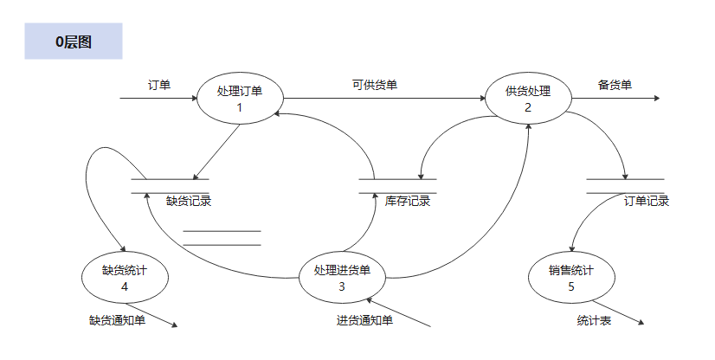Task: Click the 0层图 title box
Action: [x=74, y=42]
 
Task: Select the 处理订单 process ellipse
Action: [x=240, y=98]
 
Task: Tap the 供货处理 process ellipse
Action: [x=527, y=98]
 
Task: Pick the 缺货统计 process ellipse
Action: [x=125, y=276]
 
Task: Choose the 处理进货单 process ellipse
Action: [x=342, y=276]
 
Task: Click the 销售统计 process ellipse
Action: [x=571, y=276]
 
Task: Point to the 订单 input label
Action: [x=159, y=85]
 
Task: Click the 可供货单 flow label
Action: [x=375, y=85]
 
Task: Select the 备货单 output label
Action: [x=615, y=85]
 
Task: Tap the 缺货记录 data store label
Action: [x=189, y=201]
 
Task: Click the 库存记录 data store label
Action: [x=408, y=201]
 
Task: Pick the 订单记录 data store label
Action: [x=647, y=201]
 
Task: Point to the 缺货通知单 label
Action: [x=117, y=320]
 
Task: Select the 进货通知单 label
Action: [x=364, y=320]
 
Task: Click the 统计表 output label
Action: [x=594, y=320]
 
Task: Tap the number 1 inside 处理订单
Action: [x=239, y=107]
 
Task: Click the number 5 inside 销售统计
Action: [x=571, y=286]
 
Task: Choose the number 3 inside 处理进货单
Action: [x=342, y=286]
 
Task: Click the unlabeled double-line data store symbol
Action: [x=222, y=238]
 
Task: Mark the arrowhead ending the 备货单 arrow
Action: [x=657, y=99]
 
